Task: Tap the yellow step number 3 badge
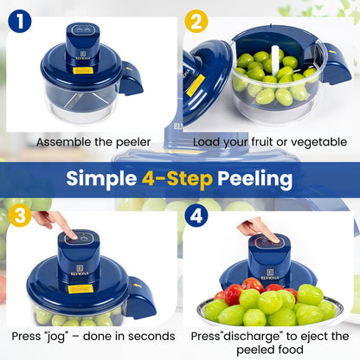pyautogui.click(x=19, y=214)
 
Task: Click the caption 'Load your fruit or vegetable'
pyautogui.click(x=268, y=141)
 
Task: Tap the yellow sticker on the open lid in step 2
pyautogui.click(x=196, y=84)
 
